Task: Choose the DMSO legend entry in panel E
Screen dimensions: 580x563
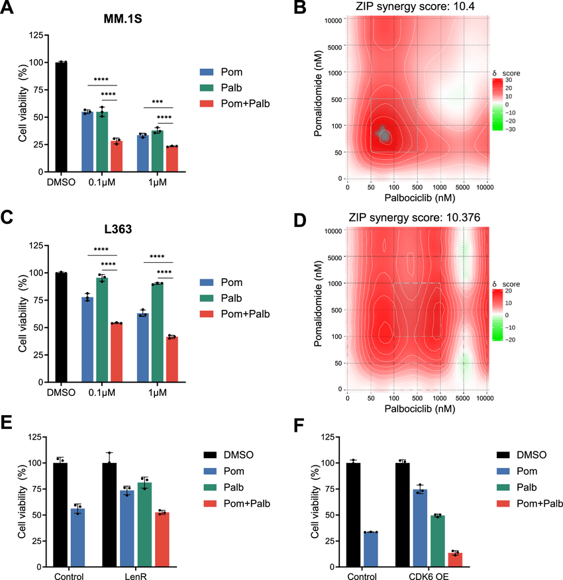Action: (234, 456)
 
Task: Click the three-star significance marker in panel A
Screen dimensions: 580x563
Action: (158, 102)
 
